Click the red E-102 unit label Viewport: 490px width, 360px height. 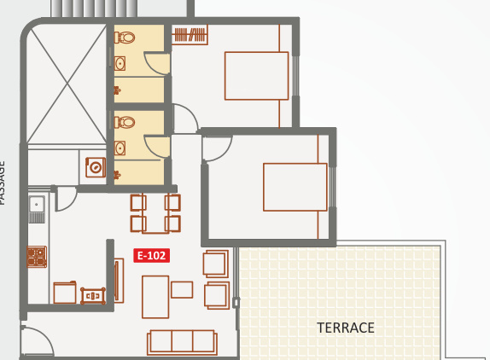[152, 255]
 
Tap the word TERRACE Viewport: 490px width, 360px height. [346, 328]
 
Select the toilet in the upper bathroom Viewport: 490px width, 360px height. [126, 38]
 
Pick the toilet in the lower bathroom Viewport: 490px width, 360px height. [126, 122]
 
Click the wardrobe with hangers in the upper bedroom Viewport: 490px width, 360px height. [190, 35]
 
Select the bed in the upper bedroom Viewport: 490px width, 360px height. [256, 76]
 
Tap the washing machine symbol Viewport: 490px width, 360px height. [95, 166]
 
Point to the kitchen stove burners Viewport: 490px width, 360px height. [37, 256]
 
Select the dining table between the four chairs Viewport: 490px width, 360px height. [155, 213]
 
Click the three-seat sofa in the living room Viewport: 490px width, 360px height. [181, 341]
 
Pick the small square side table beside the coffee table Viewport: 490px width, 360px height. [182, 289]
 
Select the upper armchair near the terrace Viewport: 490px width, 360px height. [216, 263]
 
